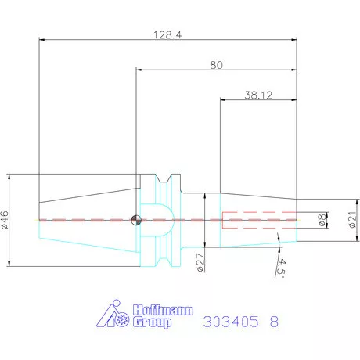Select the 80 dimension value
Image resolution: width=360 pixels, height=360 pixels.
click(216, 65)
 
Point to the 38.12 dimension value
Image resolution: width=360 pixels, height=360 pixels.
click(258, 95)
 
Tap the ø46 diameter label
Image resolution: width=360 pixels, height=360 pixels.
click(6, 220)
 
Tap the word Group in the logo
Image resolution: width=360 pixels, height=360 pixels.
click(151, 322)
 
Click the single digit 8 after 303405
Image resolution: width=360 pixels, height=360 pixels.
click(273, 322)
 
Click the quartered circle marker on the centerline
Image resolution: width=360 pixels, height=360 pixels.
click(137, 220)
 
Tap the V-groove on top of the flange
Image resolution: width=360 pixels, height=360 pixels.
click(164, 182)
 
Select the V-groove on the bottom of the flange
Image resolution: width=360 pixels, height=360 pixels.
click(164, 258)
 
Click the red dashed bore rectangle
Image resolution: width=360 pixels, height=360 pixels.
click(259, 220)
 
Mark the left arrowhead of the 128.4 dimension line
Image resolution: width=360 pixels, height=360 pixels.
click(41, 40)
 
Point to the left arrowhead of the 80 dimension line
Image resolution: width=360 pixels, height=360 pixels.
click(139, 70)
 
